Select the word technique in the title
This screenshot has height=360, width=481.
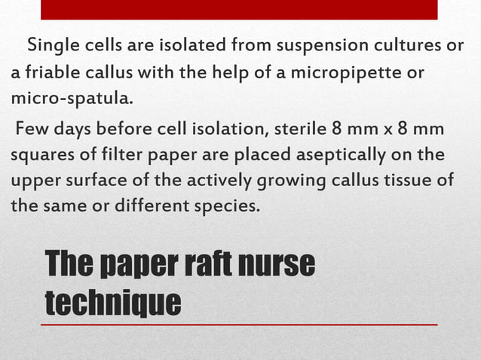tap(113, 301)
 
